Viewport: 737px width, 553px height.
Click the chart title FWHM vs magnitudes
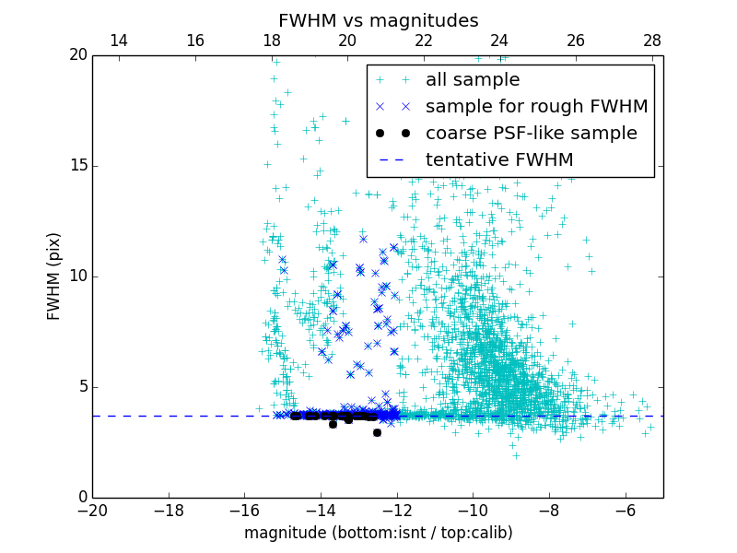[378, 20]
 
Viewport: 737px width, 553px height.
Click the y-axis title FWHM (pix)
[54, 276]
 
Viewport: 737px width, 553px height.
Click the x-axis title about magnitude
[378, 533]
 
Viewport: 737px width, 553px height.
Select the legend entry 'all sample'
[473, 80]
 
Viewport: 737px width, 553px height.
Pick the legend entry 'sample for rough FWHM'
[536, 107]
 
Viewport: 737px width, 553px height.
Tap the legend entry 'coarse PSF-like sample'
[531, 134]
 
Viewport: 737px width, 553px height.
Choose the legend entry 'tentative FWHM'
[499, 160]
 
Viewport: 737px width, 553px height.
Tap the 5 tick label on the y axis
[81, 387]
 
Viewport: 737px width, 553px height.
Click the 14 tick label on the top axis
[119, 41]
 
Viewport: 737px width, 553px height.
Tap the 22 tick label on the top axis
[424, 41]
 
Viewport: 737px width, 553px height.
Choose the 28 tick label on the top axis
[652, 41]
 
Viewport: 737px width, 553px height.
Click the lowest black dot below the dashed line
[377, 432]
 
